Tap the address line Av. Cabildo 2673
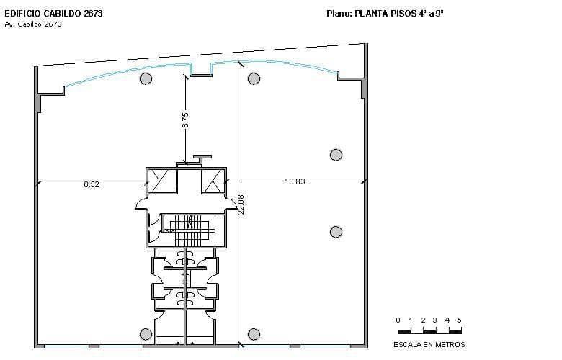[33, 24]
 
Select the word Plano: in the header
[339, 12]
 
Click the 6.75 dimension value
[186, 120]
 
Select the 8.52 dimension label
[91, 184]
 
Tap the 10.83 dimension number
[295, 181]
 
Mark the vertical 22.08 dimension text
[241, 204]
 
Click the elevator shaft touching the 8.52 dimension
[161, 181]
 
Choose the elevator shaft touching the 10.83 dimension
[213, 181]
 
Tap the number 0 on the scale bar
[398, 320]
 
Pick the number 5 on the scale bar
[459, 320]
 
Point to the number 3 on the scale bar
[434, 320]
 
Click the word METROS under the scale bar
[449, 344]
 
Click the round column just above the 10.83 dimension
[336, 155]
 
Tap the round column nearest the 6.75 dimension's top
[146, 78]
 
